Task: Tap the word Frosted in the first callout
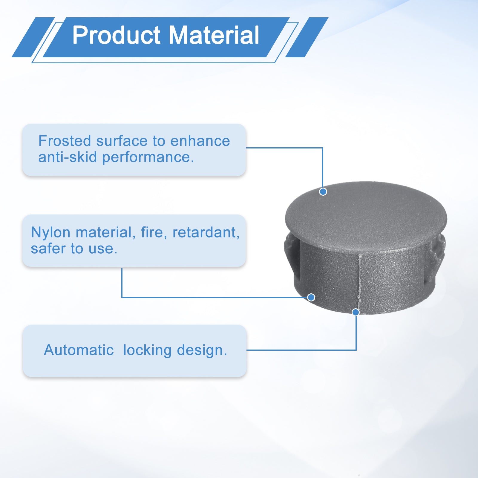[65, 141]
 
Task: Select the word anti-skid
[68, 157]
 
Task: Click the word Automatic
[79, 350]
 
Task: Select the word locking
[147, 350]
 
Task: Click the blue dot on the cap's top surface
[323, 191]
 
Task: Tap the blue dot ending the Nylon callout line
[311, 297]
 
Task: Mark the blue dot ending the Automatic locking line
[356, 312]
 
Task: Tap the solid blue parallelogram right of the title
[307, 37]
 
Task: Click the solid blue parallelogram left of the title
[33, 37]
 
